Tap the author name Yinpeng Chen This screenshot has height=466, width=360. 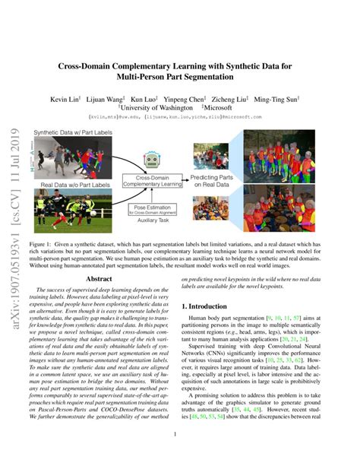(202, 98)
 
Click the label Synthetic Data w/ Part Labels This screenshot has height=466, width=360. (71, 134)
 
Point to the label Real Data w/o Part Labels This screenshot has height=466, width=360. (69, 185)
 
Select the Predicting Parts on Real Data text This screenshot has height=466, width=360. (211, 180)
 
